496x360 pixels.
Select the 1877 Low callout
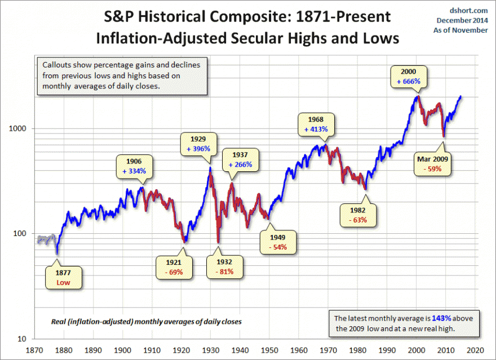(x=63, y=278)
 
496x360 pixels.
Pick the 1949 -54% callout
(x=277, y=242)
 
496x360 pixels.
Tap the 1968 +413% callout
(x=315, y=124)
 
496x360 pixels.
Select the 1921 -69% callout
(x=174, y=267)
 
